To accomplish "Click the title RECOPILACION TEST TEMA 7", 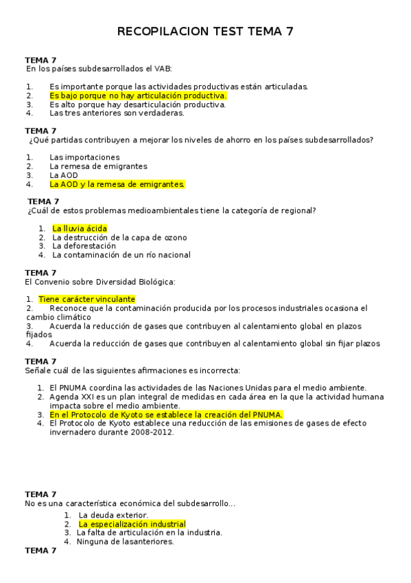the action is point(206,32).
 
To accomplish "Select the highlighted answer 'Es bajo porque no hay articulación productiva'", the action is point(137,96).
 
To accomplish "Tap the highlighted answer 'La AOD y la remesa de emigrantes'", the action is point(117,184).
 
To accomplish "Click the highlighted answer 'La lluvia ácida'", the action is point(80,228).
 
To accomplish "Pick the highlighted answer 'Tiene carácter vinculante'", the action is point(86,299).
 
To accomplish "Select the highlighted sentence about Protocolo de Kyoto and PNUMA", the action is point(166,415).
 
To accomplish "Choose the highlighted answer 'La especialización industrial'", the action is point(132,524).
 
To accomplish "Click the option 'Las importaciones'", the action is point(84,157).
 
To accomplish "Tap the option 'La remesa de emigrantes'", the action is point(98,166).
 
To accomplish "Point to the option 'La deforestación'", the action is point(84,245).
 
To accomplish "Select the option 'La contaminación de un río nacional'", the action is point(121,254).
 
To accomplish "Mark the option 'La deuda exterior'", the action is point(113,515).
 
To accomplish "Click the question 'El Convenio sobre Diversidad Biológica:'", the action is point(100,282).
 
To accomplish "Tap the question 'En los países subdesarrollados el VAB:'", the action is point(99,69).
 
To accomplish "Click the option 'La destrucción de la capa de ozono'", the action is point(119,237).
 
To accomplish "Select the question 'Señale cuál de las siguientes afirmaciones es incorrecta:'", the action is point(132,371).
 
